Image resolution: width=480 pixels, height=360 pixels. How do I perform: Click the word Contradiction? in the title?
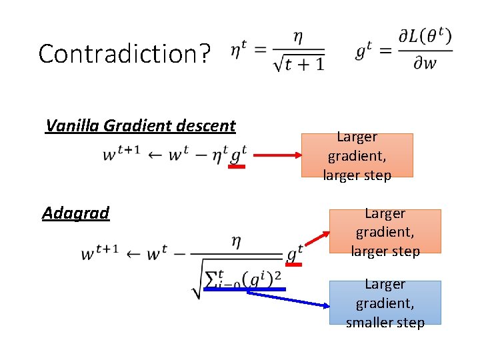(x=124, y=53)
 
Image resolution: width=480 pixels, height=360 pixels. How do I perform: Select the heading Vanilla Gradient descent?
(x=141, y=125)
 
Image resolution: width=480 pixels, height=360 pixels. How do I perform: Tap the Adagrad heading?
(x=75, y=213)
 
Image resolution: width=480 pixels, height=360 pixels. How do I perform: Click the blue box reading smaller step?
(x=385, y=303)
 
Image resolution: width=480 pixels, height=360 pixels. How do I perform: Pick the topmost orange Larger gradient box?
(x=357, y=155)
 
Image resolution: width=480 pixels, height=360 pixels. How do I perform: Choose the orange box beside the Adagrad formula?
(x=385, y=232)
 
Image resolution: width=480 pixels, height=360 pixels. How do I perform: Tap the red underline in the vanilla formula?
(x=237, y=167)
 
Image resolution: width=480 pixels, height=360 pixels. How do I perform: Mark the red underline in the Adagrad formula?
(x=293, y=265)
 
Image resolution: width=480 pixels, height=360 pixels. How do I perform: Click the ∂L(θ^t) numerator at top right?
(x=425, y=37)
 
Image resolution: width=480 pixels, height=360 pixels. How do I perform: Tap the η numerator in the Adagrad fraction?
(x=236, y=241)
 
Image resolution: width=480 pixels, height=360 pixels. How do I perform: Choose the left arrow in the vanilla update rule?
(x=153, y=154)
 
